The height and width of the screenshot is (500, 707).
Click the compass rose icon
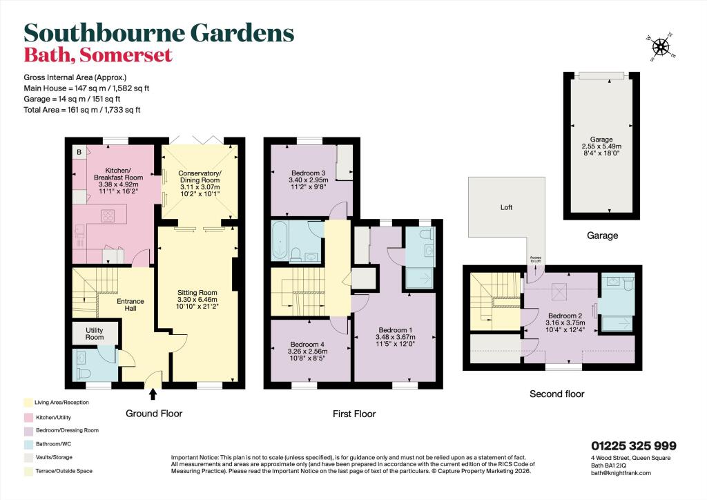[661, 46]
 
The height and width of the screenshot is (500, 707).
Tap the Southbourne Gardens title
[159, 32]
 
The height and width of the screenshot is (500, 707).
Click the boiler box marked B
[79, 152]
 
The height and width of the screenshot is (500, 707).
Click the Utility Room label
[95, 334]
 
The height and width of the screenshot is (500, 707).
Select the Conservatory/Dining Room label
[199, 177]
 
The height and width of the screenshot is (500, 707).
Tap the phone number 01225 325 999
[633, 446]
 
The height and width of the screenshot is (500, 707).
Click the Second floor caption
[556, 394]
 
